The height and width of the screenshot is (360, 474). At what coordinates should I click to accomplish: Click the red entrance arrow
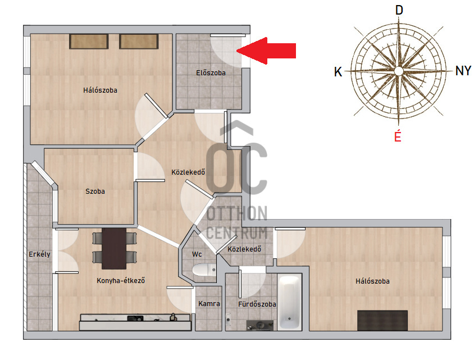tap(266, 51)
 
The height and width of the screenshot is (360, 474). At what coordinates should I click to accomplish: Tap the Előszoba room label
tap(211, 72)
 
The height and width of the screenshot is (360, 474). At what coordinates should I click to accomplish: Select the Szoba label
tap(95, 192)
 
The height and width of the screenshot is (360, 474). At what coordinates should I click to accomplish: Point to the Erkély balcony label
tap(39, 254)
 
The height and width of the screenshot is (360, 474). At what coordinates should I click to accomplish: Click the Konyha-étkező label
tap(121, 280)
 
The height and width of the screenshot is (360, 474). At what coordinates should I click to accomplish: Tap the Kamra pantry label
tap(209, 303)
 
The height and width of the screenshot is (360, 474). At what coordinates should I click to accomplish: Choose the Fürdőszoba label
tap(257, 304)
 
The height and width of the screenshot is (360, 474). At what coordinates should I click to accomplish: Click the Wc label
tap(197, 254)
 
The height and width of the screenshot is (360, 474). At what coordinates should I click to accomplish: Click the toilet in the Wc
tap(204, 270)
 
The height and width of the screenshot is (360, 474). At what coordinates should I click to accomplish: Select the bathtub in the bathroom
tap(290, 302)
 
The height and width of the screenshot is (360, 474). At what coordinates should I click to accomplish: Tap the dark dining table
tap(114, 248)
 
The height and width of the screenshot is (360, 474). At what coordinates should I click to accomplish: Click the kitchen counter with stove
tap(135, 322)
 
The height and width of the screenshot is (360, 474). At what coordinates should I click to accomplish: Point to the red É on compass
tap(398, 136)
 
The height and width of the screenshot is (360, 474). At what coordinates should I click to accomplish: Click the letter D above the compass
tap(399, 10)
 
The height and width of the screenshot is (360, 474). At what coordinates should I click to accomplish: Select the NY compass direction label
tap(463, 71)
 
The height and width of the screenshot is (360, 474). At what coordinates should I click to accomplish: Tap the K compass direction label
tap(338, 72)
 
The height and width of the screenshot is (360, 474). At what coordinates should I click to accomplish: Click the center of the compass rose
tap(399, 71)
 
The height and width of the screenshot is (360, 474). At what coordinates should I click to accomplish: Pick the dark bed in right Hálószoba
tap(382, 320)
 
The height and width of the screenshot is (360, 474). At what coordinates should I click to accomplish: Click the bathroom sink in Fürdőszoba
tap(259, 325)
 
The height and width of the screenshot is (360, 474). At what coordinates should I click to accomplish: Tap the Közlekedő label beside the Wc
tap(244, 249)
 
